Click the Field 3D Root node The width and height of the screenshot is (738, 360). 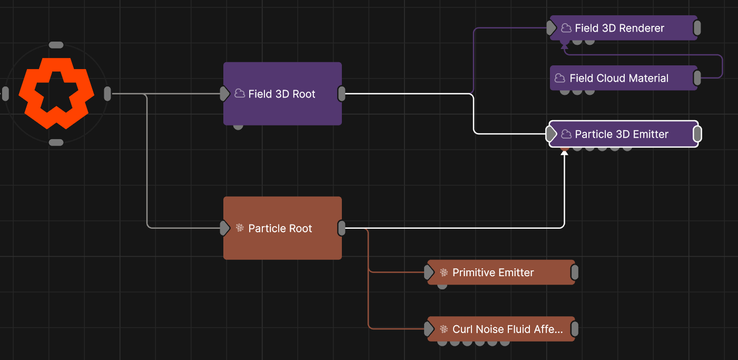[282, 94]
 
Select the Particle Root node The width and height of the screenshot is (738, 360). [282, 228]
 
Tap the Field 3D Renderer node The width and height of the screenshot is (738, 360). [624, 28]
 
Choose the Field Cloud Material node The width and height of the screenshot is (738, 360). [624, 78]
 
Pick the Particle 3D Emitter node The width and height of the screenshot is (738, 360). [624, 134]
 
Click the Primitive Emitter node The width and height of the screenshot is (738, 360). [501, 273]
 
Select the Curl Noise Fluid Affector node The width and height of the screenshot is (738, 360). [501, 329]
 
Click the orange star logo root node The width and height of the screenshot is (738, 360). [56, 94]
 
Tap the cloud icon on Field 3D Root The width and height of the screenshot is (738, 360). [240, 94]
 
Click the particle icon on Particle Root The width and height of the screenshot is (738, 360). [240, 228]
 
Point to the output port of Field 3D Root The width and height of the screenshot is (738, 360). [342, 94]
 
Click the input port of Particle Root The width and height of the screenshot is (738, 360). [225, 228]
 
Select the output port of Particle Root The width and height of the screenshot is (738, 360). [342, 228]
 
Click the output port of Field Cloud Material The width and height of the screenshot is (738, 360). [697, 78]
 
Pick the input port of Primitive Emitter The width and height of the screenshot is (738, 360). [429, 273]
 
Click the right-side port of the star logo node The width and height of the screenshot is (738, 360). [107, 94]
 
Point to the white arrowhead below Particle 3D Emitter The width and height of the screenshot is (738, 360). [564, 153]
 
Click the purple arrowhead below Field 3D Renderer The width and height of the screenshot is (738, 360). [564, 47]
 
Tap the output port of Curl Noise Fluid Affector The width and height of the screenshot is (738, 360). [575, 329]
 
